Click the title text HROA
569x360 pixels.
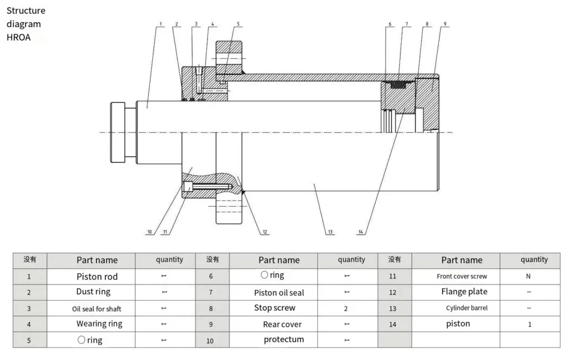click(18, 38)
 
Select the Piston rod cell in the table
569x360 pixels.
click(97, 276)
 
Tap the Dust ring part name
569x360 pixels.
click(93, 292)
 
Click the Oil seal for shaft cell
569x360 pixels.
click(97, 308)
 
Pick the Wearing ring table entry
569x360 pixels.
click(99, 323)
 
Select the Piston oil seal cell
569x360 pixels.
click(279, 292)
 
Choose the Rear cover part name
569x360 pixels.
click(282, 324)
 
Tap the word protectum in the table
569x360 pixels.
click(284, 339)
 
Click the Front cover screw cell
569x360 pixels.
click(462, 276)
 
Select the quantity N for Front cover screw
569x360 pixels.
click(528, 276)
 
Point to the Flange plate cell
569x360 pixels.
click(465, 292)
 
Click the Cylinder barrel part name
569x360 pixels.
click(467, 308)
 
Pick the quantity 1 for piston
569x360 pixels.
click(530, 324)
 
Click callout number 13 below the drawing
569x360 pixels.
click(331, 232)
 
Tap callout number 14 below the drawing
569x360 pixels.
click(361, 232)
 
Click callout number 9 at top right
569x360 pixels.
click(445, 24)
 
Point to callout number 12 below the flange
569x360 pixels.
click(265, 232)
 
